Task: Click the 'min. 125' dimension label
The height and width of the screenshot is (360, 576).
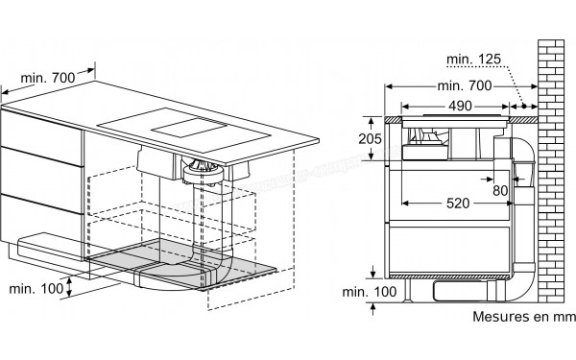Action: click(x=473, y=59)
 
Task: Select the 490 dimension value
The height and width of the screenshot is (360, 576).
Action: click(x=460, y=107)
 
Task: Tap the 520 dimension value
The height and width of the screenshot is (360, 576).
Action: click(x=458, y=204)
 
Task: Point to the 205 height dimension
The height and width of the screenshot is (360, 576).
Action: click(x=370, y=138)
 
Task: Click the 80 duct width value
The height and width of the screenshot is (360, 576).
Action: click(x=500, y=191)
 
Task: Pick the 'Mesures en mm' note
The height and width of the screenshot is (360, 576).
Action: click(x=523, y=316)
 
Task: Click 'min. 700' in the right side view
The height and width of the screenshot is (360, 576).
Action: click(x=465, y=86)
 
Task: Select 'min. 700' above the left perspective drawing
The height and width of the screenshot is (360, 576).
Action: click(x=47, y=78)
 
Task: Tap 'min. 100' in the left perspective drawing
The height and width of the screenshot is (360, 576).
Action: click(x=36, y=288)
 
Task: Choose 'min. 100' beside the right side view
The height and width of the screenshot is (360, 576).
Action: click(x=370, y=292)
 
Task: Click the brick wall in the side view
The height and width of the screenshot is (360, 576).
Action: click(x=551, y=171)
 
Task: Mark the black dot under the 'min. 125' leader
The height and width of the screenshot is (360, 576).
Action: click(x=524, y=107)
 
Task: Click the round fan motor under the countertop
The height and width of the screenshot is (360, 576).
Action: click(x=204, y=172)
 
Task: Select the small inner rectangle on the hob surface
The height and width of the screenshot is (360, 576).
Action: click(x=188, y=128)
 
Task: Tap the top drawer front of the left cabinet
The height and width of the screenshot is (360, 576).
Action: click(x=40, y=137)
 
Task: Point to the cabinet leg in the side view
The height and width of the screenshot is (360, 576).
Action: click(x=408, y=291)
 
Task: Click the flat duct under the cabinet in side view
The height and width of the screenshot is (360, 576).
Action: click(x=466, y=291)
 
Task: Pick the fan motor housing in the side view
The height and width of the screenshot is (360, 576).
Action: click(x=425, y=144)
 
